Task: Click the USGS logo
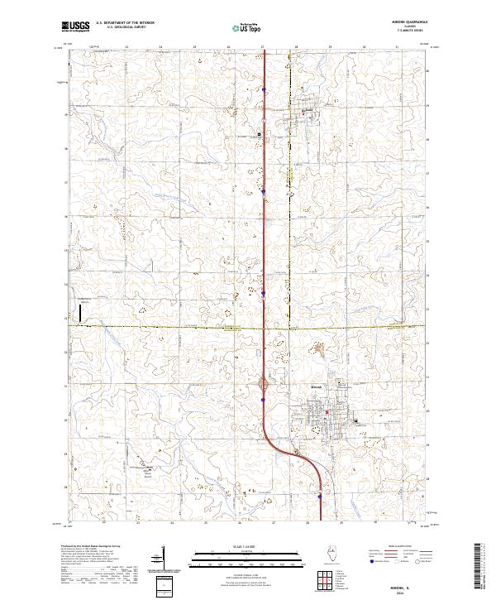[75, 27]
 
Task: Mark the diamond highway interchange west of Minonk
[265, 384]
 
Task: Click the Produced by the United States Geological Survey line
[91, 547]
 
